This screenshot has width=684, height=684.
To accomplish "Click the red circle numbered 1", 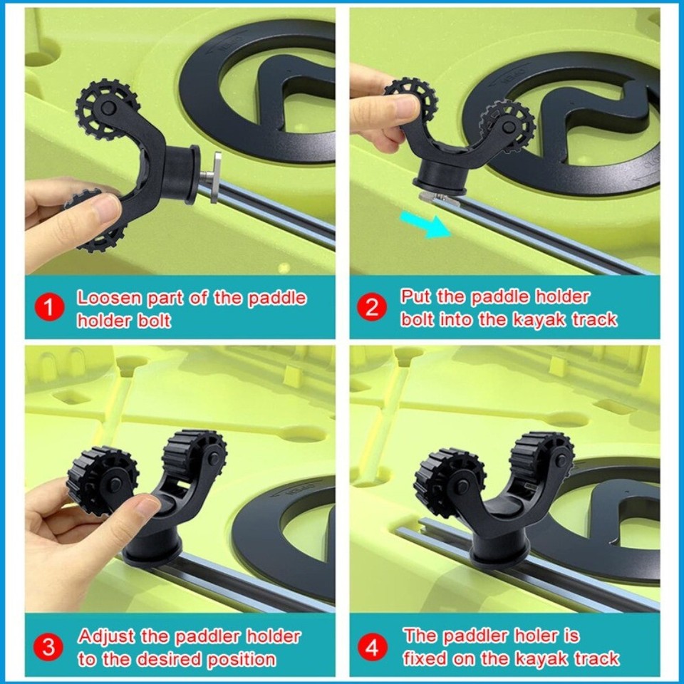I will click(x=49, y=309).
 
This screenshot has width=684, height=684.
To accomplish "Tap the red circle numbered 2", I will click(x=372, y=308).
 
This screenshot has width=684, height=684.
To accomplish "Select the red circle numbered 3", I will click(x=49, y=648).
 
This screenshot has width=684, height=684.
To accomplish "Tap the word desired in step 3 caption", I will click(x=170, y=659).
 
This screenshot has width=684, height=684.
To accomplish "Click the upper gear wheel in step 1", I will click(x=108, y=108).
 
